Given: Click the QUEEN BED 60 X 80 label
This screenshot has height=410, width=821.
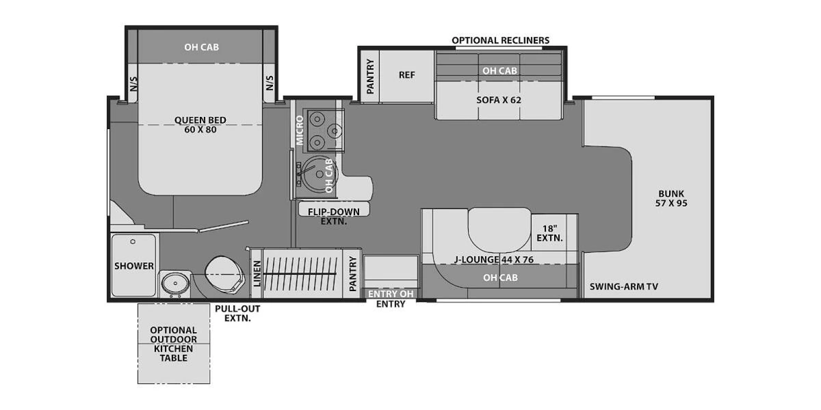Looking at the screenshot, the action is click(200, 125).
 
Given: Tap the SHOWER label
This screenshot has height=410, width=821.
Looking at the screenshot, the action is click(134, 266).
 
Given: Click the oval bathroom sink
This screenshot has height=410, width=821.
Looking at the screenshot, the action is click(175, 284).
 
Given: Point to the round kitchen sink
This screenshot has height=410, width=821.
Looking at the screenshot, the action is click(315, 173).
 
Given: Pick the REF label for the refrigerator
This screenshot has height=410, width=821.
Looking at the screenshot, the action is click(407, 75).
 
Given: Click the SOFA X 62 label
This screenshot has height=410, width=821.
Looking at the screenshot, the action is click(499, 100).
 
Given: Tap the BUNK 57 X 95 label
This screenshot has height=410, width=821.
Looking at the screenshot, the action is click(671, 198).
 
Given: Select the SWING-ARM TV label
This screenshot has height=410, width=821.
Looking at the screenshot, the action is click(623, 286).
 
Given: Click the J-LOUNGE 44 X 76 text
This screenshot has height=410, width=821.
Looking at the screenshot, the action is click(494, 260).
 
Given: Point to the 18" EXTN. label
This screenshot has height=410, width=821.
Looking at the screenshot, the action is click(549, 234).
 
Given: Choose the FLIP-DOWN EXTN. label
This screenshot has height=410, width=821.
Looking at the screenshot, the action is click(334, 217).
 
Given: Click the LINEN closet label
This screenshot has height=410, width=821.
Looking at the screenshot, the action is click(257, 273).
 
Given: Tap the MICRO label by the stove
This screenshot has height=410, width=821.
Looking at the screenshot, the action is click(300, 131).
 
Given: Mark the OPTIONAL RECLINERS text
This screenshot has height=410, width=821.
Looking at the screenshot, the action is click(500, 40).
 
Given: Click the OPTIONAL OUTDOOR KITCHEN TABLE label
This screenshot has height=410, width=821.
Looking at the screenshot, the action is click(173, 344).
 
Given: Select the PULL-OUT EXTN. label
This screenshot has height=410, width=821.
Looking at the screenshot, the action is click(237, 314).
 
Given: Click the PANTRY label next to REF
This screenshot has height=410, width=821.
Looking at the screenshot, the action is click(370, 77).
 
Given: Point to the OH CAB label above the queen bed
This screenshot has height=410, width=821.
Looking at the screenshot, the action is click(201, 47).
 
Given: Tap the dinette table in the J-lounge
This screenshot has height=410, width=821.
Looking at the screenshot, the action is click(499, 230).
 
